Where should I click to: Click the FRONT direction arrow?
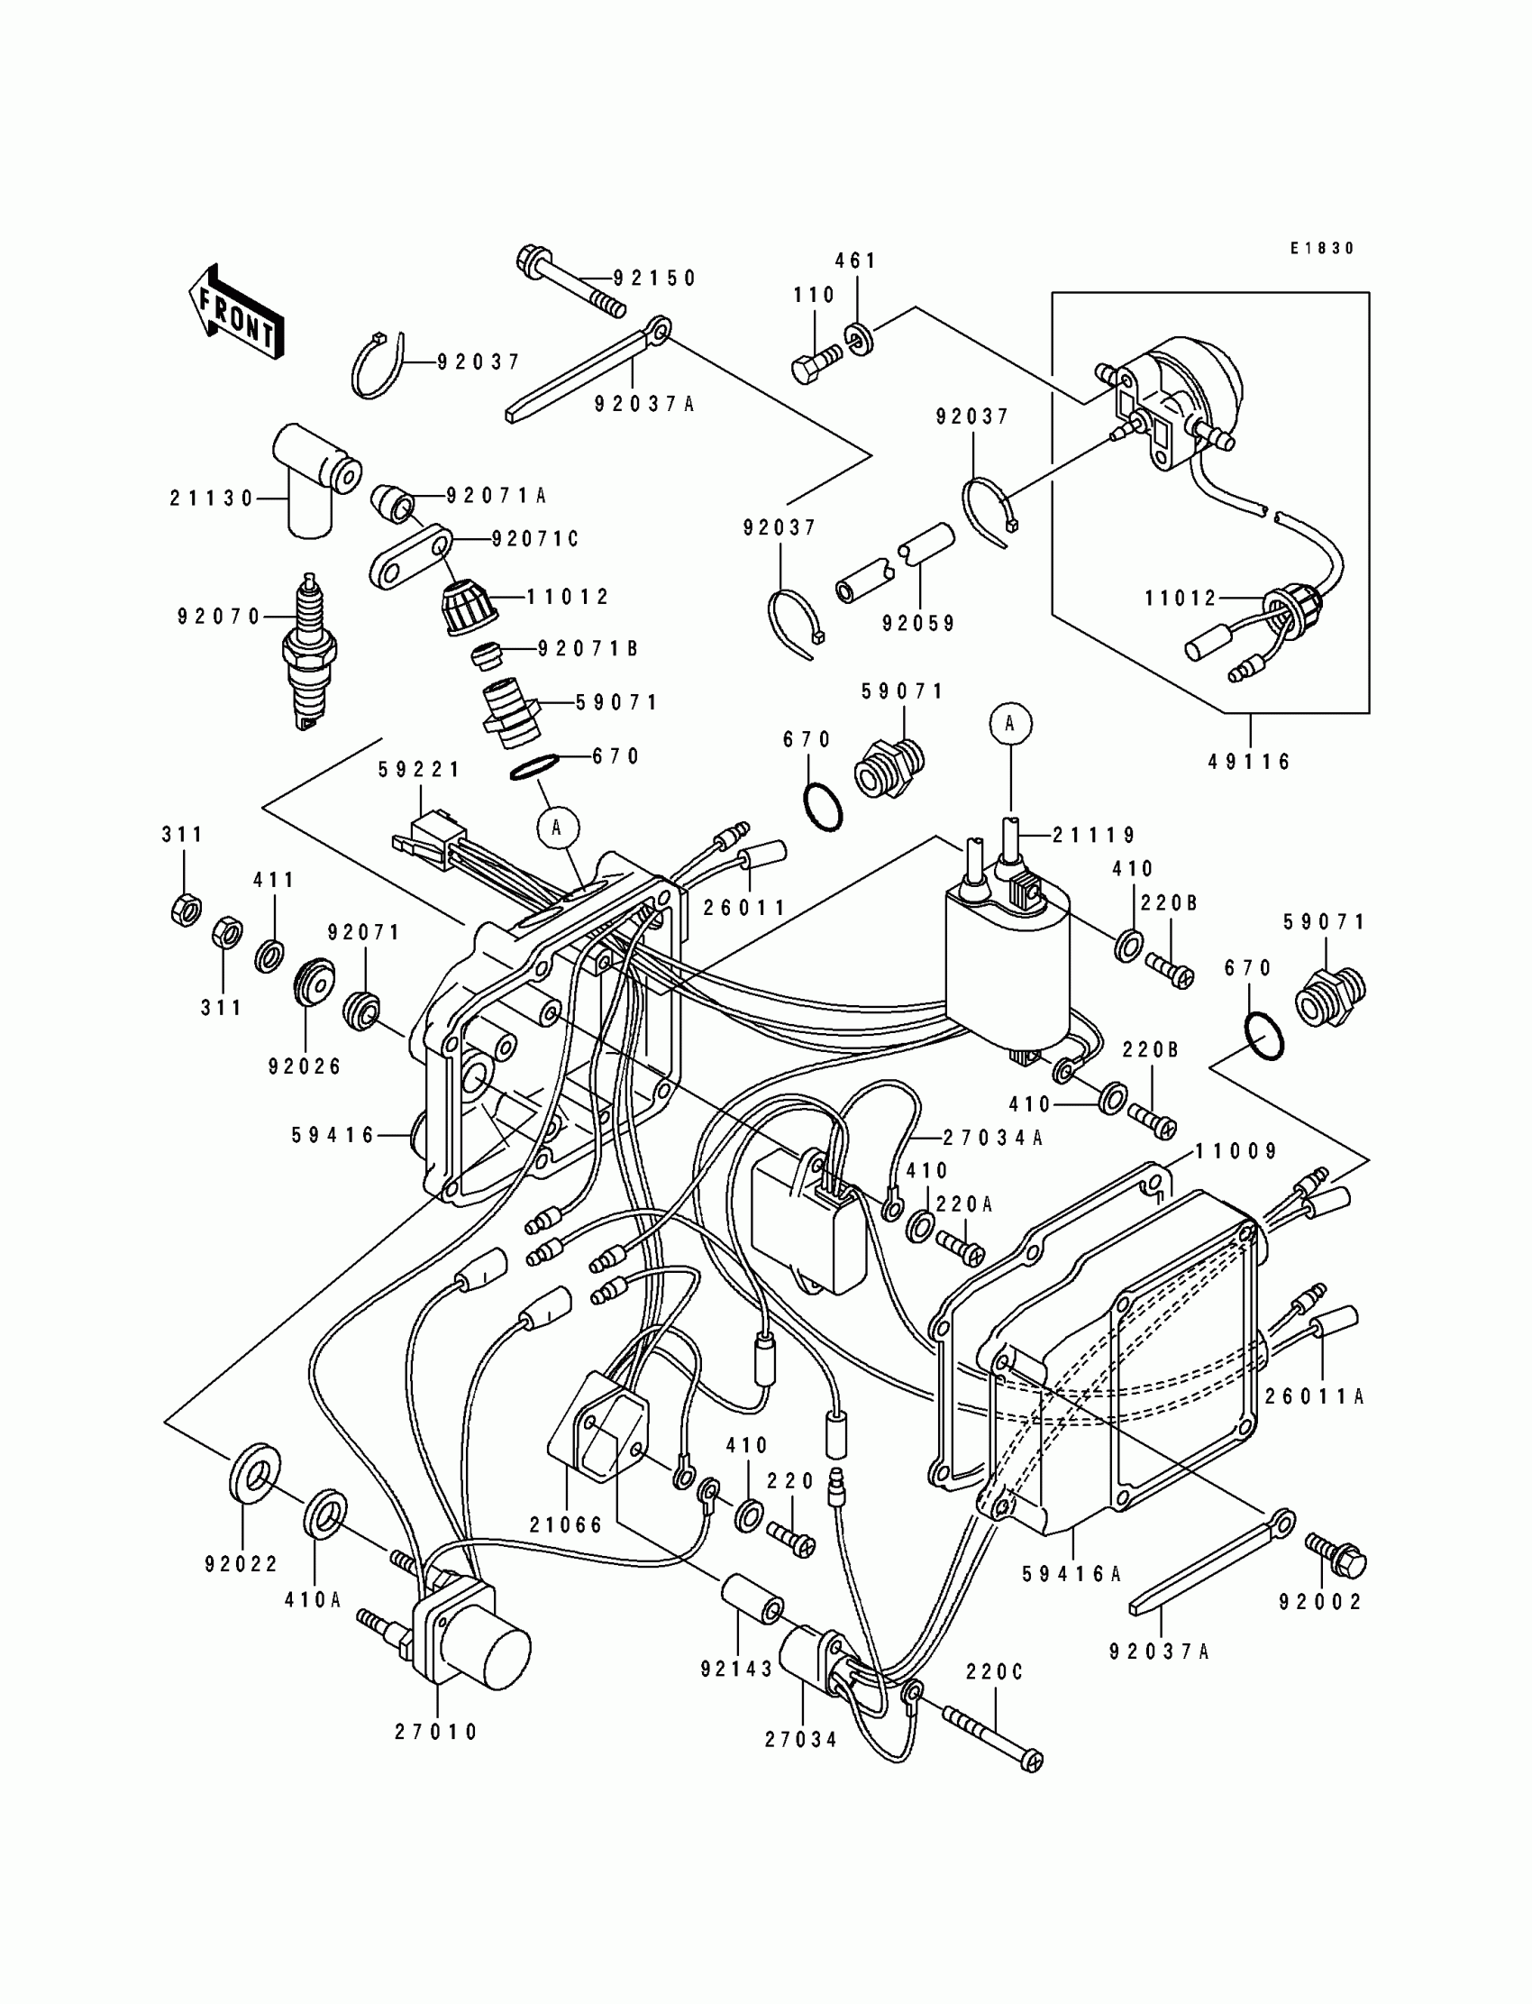click(235, 313)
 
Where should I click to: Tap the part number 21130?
click(212, 499)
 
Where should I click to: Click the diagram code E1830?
click(1322, 248)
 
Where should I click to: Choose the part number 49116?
click(1249, 762)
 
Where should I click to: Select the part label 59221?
click(420, 770)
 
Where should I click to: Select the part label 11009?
click(1236, 1151)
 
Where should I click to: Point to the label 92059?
click(918, 624)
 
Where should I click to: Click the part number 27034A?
click(993, 1138)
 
